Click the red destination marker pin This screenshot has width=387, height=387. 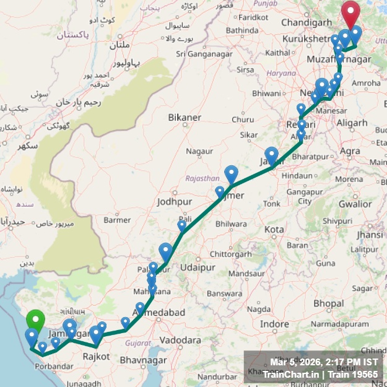(351, 12)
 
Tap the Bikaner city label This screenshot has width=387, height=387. (185, 117)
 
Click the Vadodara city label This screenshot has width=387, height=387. (180, 340)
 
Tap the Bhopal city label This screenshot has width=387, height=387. (328, 303)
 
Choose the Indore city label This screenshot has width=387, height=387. (274, 324)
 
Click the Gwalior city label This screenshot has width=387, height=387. (355, 204)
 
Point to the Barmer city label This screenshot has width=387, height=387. (117, 219)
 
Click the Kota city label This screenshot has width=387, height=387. (274, 230)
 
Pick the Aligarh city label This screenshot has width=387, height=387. (352, 123)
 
